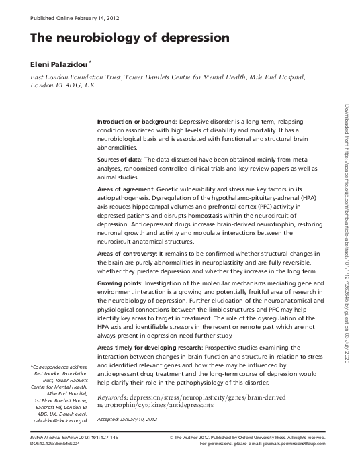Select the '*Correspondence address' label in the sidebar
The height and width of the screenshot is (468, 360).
point(59,367)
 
